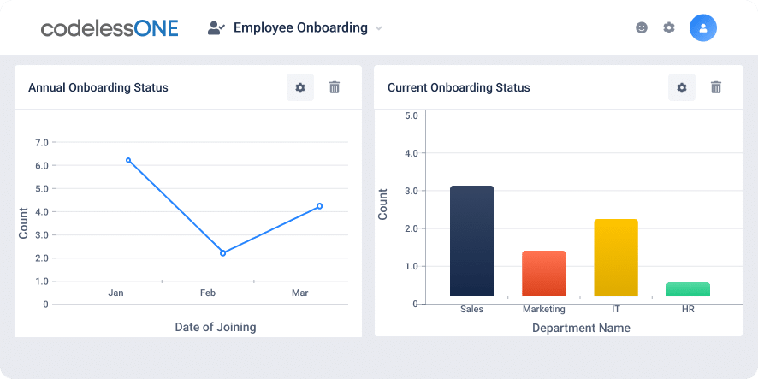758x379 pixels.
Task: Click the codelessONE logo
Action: (110, 28)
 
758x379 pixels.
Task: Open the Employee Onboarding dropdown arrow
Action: (379, 28)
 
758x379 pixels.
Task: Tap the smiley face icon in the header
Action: (642, 27)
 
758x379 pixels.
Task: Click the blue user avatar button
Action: (702, 27)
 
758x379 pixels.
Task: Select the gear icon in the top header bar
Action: (669, 27)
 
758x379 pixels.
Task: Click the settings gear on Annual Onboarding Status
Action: (300, 87)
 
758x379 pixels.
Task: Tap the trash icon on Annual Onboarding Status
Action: (335, 87)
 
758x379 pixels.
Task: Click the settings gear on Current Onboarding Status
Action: (682, 87)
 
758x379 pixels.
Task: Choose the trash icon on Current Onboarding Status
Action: (716, 87)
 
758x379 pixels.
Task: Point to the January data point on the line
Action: (128, 160)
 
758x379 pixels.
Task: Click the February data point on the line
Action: (222, 253)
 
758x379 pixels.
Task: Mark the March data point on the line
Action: (319, 206)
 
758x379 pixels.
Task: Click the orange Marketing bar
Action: (544, 274)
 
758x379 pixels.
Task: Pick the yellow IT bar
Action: (616, 258)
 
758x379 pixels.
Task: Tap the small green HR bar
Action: (688, 289)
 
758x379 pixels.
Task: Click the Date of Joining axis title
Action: (215, 327)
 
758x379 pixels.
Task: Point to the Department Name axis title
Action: (581, 328)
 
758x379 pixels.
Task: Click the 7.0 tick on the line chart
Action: (41, 142)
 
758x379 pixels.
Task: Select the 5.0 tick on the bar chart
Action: (411, 115)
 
